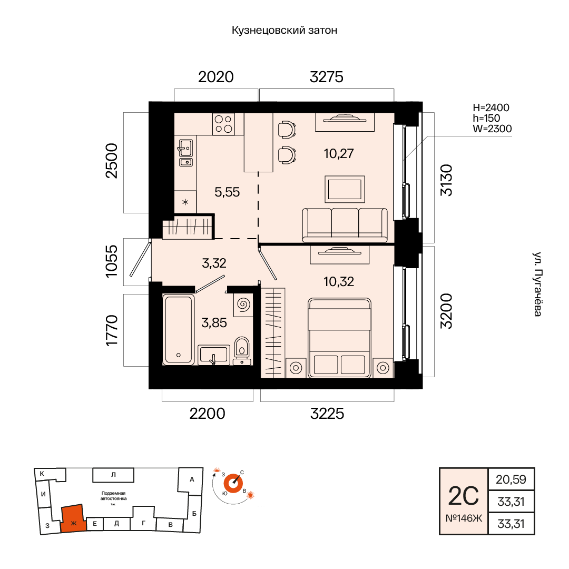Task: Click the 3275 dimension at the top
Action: pyautogui.click(x=326, y=77)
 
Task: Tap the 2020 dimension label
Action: pyautogui.click(x=215, y=77)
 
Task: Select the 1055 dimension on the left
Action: pyautogui.click(x=112, y=261)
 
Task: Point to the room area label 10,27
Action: pyautogui.click(x=339, y=153)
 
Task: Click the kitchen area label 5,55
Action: pyautogui.click(x=227, y=192)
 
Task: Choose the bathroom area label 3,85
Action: pyautogui.click(x=214, y=322)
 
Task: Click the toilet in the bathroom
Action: pyautogui.click(x=242, y=350)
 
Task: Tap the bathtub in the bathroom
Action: pyautogui.click(x=178, y=329)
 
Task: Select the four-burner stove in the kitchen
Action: pyautogui.click(x=223, y=124)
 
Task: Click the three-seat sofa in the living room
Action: pyautogui.click(x=345, y=225)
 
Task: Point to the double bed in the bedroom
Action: pyautogui.click(x=339, y=338)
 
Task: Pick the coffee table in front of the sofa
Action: pyautogui.click(x=345, y=190)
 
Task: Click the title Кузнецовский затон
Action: pyautogui.click(x=284, y=30)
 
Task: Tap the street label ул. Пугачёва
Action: pyautogui.click(x=537, y=284)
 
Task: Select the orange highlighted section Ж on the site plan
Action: pyautogui.click(x=73, y=518)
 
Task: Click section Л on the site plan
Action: pyautogui.click(x=113, y=475)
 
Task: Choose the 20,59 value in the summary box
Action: pyautogui.click(x=511, y=479)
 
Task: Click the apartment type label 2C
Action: pyautogui.click(x=464, y=496)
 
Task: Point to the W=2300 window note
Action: pyautogui.click(x=492, y=129)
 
